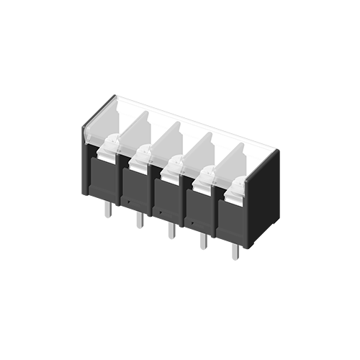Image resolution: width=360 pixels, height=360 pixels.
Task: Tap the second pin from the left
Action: click(139, 220)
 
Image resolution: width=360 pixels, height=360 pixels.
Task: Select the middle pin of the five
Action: click(171, 230)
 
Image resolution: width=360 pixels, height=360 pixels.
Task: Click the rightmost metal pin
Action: click(235, 251)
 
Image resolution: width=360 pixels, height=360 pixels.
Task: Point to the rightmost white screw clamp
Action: click(235, 189)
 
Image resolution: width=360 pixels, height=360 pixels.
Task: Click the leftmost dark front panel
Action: click(102, 177)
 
